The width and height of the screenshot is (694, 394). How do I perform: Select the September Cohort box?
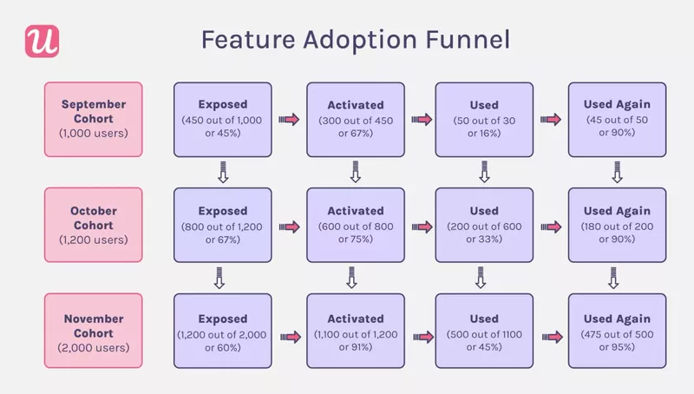93,119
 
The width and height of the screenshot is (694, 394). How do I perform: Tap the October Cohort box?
93,224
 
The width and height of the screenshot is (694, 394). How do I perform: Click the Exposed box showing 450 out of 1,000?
222,119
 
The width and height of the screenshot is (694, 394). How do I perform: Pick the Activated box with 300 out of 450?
355,119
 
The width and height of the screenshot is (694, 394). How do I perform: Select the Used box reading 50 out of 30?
483,119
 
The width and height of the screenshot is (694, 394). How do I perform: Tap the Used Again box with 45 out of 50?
616,119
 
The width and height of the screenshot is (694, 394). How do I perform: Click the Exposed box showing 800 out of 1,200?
222,224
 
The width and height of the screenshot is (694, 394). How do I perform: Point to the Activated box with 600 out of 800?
355,224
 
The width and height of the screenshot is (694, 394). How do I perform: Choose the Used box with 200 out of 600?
483,224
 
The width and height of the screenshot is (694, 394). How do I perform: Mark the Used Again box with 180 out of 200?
616,224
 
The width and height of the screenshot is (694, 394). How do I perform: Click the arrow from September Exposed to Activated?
289,120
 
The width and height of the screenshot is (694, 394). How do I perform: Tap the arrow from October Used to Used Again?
549,226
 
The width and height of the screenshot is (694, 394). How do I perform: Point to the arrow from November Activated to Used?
422,334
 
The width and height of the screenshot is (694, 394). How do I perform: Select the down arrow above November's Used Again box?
614,280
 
